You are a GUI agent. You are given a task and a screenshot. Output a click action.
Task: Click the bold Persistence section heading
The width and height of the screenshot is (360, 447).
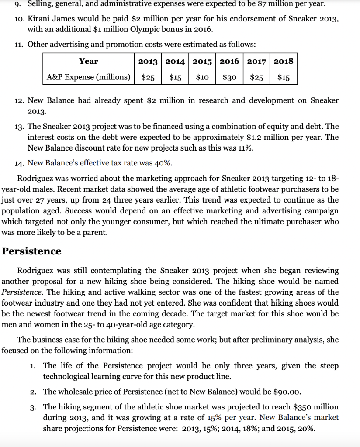point(31,251)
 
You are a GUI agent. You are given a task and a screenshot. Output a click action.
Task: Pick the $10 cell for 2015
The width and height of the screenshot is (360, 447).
point(202,77)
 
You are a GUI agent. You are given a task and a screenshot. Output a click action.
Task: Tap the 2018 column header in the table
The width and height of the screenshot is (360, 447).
point(284,61)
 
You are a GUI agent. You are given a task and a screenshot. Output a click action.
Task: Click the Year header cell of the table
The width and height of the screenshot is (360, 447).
point(88,61)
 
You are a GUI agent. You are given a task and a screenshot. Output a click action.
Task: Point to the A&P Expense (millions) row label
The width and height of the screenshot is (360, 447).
point(89,77)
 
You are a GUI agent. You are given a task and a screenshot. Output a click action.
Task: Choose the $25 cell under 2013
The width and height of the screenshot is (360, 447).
point(148,77)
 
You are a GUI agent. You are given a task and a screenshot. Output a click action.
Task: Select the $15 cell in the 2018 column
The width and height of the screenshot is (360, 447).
point(284,77)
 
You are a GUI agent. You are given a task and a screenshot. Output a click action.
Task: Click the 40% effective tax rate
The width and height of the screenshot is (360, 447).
point(164,163)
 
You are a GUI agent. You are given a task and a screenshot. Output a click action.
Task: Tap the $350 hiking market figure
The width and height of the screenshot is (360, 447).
point(297,407)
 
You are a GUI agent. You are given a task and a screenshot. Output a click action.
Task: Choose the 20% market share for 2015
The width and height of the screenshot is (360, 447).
point(305,428)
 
